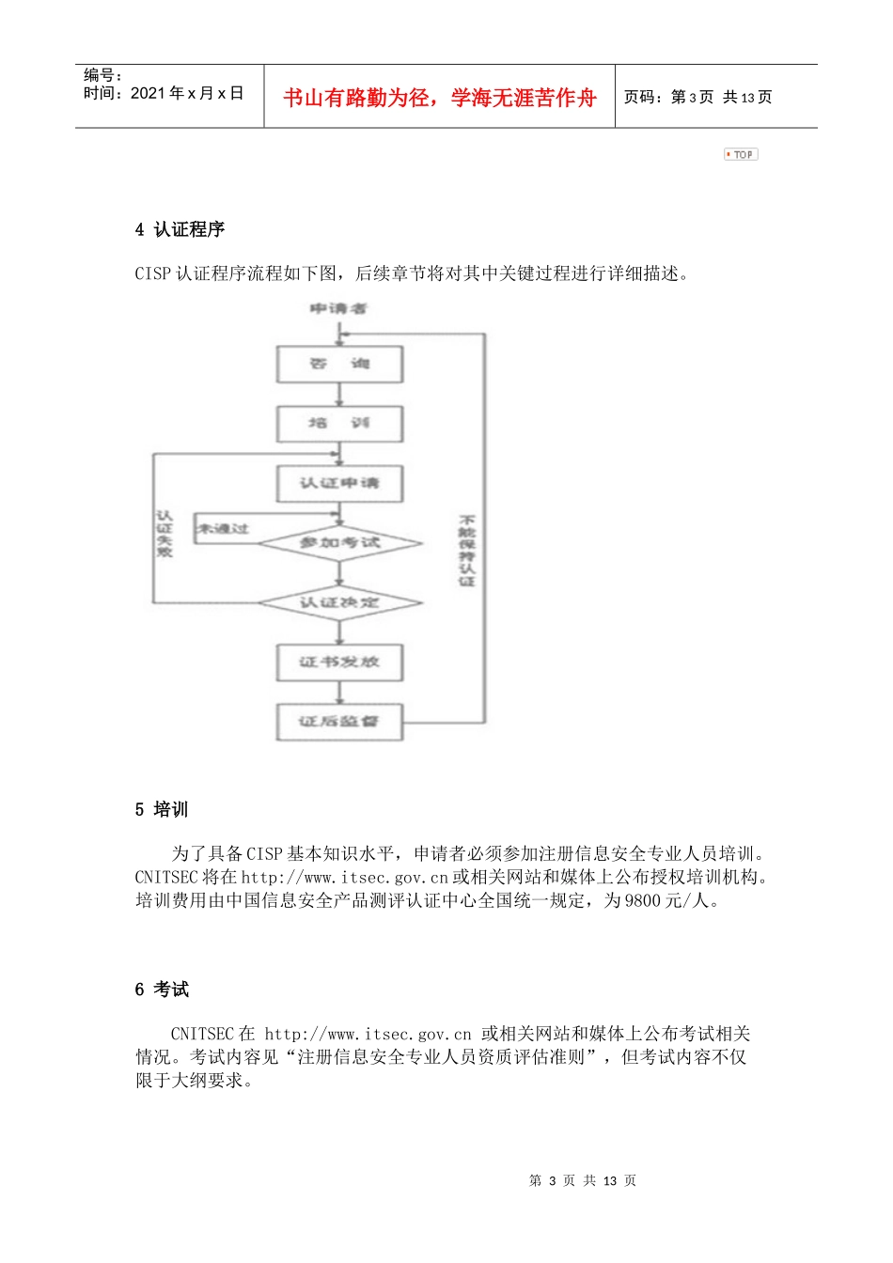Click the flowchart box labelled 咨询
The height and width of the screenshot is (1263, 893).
pyautogui.click(x=339, y=364)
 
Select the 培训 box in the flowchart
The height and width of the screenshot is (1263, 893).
pyautogui.click(x=339, y=423)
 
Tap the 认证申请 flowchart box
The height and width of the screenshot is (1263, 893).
pyautogui.click(x=339, y=483)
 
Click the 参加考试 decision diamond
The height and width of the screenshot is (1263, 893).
pyautogui.click(x=339, y=542)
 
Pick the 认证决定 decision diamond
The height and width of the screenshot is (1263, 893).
pyautogui.click(x=339, y=602)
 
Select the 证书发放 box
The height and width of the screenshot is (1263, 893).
pyautogui.click(x=339, y=662)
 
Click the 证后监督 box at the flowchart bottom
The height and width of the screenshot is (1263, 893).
pyautogui.click(x=339, y=722)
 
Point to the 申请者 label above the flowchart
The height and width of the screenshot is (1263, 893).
pyautogui.click(x=338, y=308)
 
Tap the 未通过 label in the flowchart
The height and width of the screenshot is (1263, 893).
pyautogui.click(x=223, y=529)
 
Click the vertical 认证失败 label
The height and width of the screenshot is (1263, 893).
pyautogui.click(x=164, y=534)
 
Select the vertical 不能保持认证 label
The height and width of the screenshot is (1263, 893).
pyautogui.click(x=466, y=551)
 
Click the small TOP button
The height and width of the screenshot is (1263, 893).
pyautogui.click(x=741, y=154)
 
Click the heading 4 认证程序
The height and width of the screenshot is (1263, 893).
pyautogui.click(x=180, y=229)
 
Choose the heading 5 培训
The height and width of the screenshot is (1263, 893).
pyautogui.click(x=162, y=809)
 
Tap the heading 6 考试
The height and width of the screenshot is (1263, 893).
pyautogui.click(x=162, y=989)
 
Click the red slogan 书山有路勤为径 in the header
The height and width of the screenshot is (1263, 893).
pyautogui.click(x=439, y=98)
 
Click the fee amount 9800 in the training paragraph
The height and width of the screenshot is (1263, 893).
pyautogui.click(x=644, y=900)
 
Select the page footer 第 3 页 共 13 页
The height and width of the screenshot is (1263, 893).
pyautogui.click(x=583, y=1180)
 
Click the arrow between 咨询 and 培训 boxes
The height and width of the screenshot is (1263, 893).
pyautogui.click(x=339, y=395)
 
